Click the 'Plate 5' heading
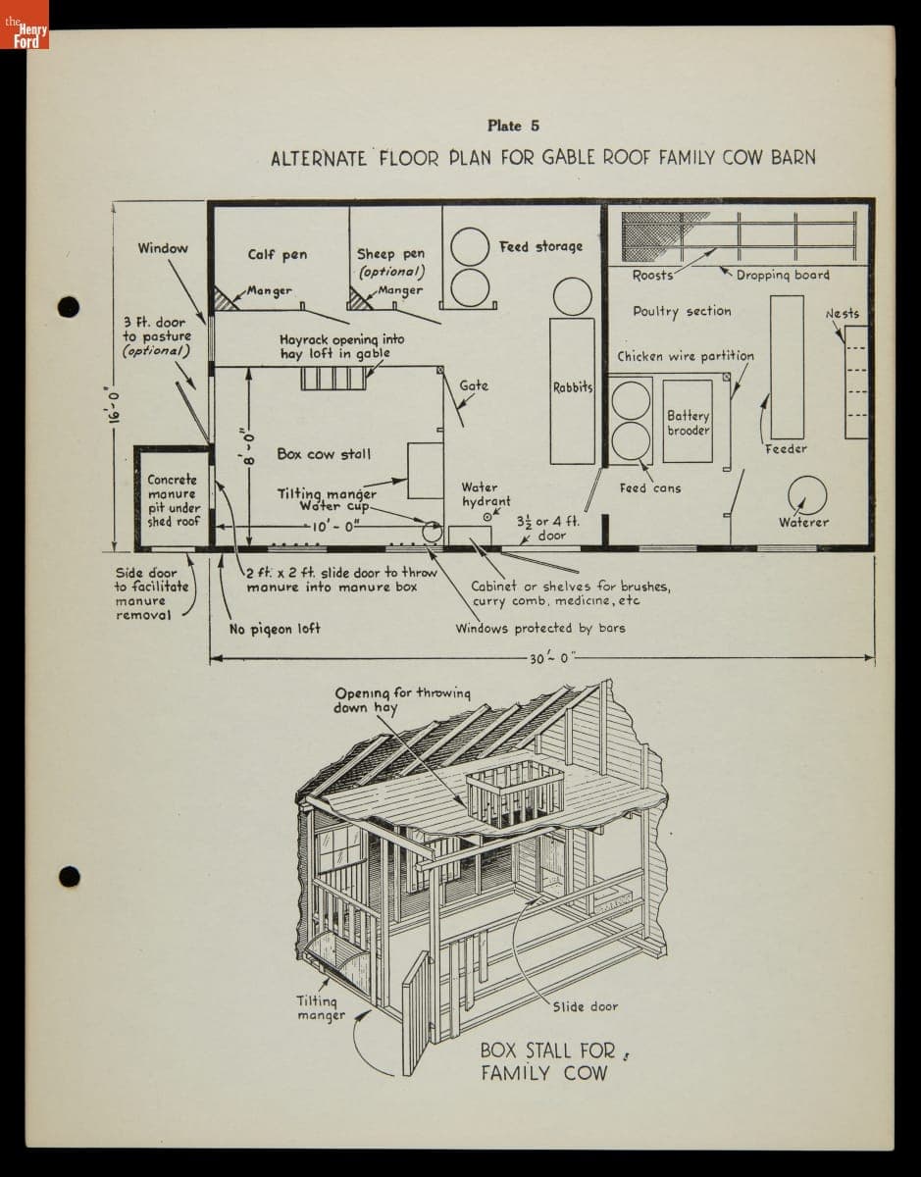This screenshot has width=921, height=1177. pyautogui.click(x=513, y=126)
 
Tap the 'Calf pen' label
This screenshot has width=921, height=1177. pyautogui.click(x=278, y=255)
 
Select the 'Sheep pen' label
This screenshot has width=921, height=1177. pyautogui.click(x=390, y=253)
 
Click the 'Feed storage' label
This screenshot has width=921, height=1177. pyautogui.click(x=540, y=246)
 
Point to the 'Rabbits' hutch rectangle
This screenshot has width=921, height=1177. pyautogui.click(x=572, y=391)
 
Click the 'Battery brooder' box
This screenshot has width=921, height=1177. pyautogui.click(x=688, y=421)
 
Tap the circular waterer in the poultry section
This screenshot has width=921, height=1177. pyautogui.click(x=807, y=495)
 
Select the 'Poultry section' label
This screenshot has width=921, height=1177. pyautogui.click(x=683, y=311)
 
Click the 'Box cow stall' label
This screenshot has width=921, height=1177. pyautogui.click(x=324, y=454)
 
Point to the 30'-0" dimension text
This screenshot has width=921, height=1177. pyautogui.click(x=549, y=658)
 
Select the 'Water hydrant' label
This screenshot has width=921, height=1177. pyautogui.click(x=486, y=494)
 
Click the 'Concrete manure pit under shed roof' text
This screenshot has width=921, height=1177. pyautogui.click(x=174, y=500)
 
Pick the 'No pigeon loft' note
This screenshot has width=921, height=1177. pyautogui.click(x=275, y=629)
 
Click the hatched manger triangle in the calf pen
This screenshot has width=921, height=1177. pyautogui.click(x=225, y=298)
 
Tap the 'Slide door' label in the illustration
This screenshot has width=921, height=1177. pyautogui.click(x=585, y=1006)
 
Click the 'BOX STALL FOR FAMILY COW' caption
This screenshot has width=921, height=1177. pyautogui.click(x=548, y=1062)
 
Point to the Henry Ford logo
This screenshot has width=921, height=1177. pyautogui.click(x=25, y=25)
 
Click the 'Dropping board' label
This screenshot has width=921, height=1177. pyautogui.click(x=783, y=276)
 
